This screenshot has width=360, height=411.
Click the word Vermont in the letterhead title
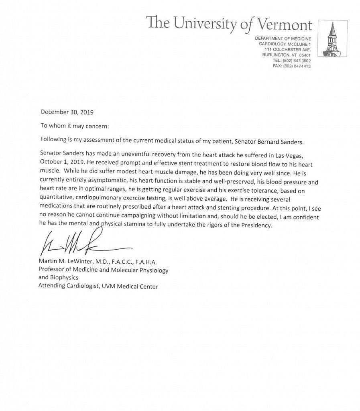point(281,24)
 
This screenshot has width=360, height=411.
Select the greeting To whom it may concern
point(75,125)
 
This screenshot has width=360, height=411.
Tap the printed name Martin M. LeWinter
point(68,262)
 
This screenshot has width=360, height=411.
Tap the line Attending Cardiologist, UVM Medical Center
point(98,286)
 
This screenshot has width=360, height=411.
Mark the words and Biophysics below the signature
point(58,278)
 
